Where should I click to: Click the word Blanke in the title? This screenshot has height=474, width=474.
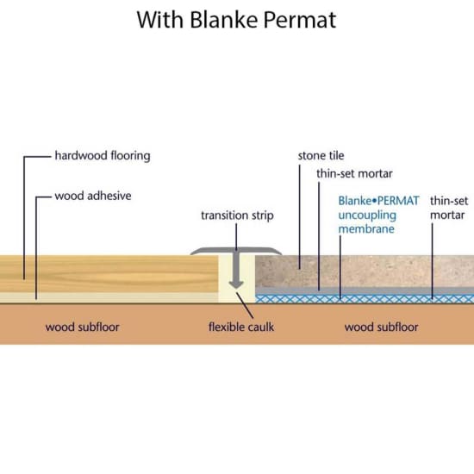(228, 20)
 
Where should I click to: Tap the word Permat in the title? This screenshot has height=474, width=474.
(302, 20)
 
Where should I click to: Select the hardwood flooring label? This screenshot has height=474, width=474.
(102, 156)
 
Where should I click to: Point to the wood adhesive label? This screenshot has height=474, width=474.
(92, 196)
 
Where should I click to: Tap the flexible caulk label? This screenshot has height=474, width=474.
(241, 327)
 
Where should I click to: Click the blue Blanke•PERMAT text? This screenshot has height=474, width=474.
(378, 201)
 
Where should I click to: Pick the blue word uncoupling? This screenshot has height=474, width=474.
(368, 215)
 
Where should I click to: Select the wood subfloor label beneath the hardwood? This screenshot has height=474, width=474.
(82, 327)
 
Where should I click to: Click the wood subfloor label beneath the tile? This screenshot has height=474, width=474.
(381, 327)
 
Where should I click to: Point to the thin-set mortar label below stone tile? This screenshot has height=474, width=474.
(353, 173)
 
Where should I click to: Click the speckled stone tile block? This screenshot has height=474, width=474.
(362, 271)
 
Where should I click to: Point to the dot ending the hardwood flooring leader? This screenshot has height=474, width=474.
(24, 278)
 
